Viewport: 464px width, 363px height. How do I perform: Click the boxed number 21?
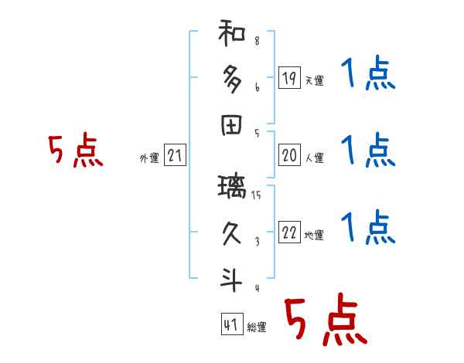(175, 156)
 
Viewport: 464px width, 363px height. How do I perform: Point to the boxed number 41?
(230, 325)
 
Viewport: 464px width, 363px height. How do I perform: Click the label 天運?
(313, 80)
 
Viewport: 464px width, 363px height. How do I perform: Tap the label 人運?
(313, 158)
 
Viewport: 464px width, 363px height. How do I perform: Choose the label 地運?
(313, 236)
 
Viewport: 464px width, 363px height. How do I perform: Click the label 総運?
(257, 327)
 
